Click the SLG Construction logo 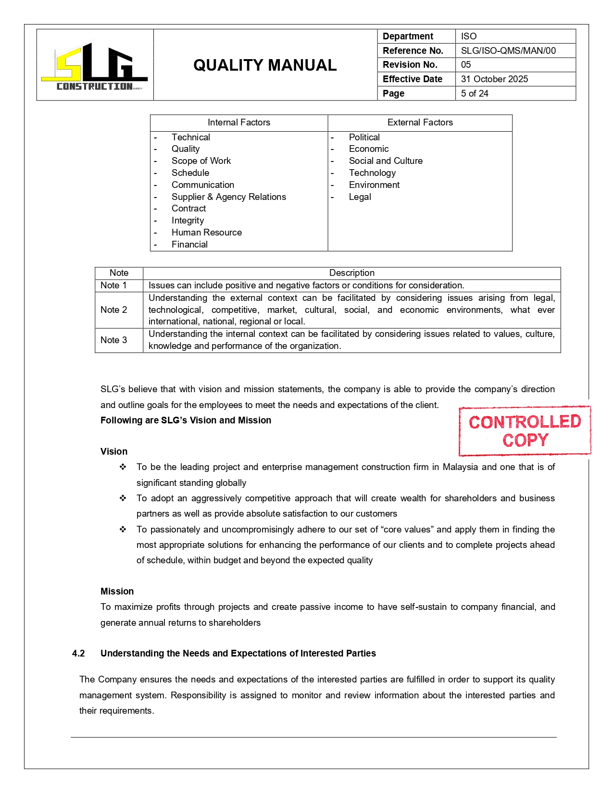pyautogui.click(x=94, y=66)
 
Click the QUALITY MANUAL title pyautogui.click(x=265, y=65)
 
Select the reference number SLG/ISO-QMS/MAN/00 pyautogui.click(x=508, y=50)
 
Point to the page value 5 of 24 pyautogui.click(x=475, y=93)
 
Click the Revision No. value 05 pyautogui.click(x=466, y=64)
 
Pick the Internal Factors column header pyautogui.click(x=239, y=123)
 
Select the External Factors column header pyautogui.click(x=420, y=123)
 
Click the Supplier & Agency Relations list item pyautogui.click(x=228, y=197)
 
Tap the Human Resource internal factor pyautogui.click(x=207, y=232)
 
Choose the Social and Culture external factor pyautogui.click(x=386, y=161)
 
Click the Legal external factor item pyautogui.click(x=360, y=197)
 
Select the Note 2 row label pyautogui.click(x=114, y=310)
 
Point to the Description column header pyautogui.click(x=351, y=273)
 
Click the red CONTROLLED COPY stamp pyautogui.click(x=525, y=431)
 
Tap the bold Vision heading pyautogui.click(x=114, y=451)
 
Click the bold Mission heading pyautogui.click(x=117, y=591)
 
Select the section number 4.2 pyautogui.click(x=78, y=653)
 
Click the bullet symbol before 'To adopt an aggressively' pyautogui.click(x=123, y=498)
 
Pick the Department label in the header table pyautogui.click(x=408, y=36)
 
